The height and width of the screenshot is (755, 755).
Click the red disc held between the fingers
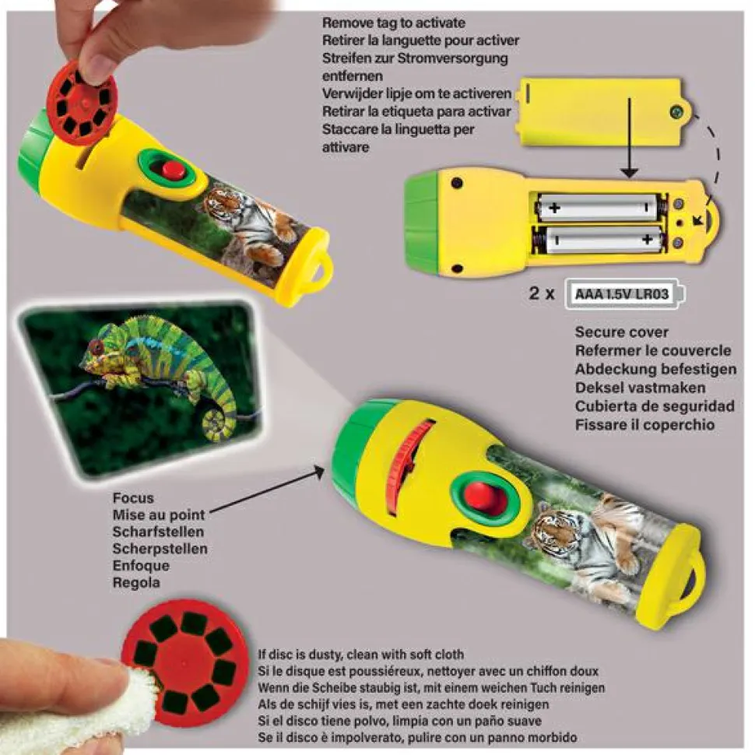[82, 102]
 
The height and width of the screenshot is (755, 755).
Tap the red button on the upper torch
[172, 170]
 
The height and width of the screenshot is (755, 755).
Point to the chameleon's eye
[97, 346]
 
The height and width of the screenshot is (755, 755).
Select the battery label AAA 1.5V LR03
[622, 293]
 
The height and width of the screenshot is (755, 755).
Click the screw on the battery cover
[676, 113]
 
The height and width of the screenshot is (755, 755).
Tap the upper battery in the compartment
[600, 208]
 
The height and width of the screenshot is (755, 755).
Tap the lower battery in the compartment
[599, 239]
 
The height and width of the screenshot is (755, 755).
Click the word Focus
[133, 498]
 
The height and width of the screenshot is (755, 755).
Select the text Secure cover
[621, 332]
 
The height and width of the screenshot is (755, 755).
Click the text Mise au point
[159, 514]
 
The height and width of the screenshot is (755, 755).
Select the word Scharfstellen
[158, 532]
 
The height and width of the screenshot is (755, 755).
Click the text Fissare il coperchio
[645, 425]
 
